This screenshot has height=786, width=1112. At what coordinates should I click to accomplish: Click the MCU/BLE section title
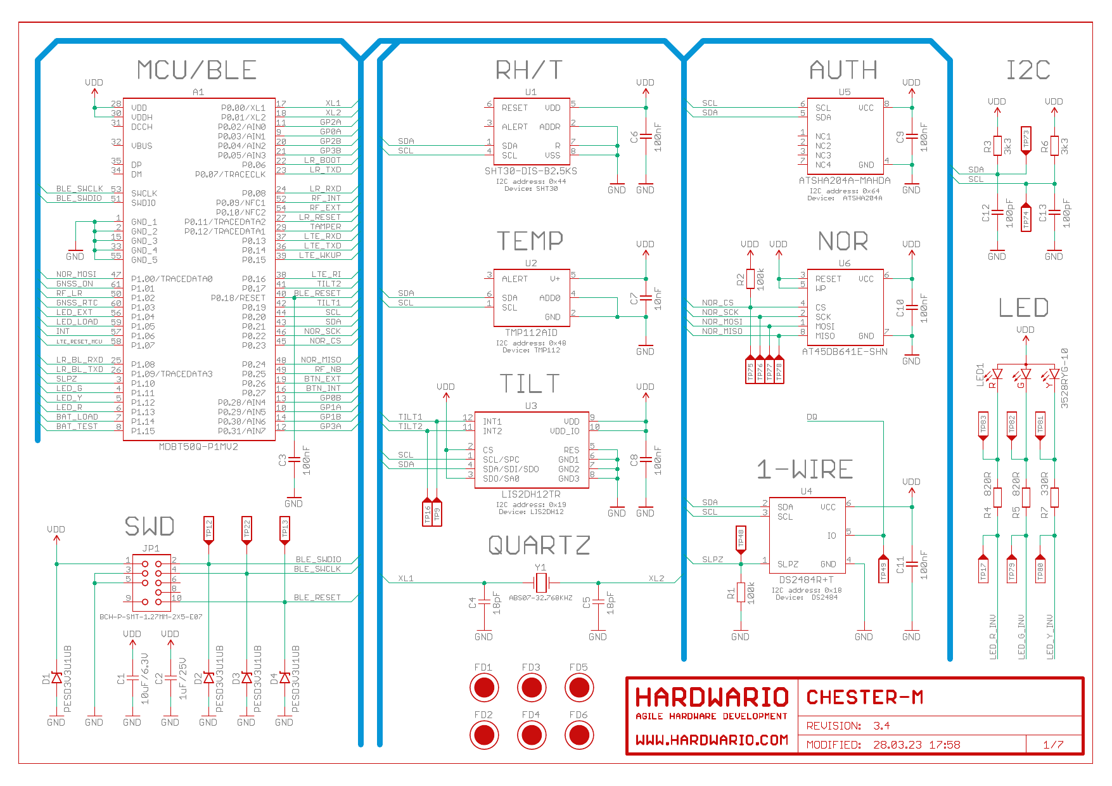pyautogui.click(x=197, y=70)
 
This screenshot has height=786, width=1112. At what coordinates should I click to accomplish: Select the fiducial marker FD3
pyautogui.click(x=531, y=687)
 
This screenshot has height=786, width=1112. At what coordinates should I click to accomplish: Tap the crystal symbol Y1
pyautogui.click(x=540, y=583)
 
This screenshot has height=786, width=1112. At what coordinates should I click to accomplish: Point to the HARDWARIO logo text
pyautogui.click(x=712, y=697)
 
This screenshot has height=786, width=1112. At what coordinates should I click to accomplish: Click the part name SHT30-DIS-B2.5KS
pyautogui.click(x=531, y=171)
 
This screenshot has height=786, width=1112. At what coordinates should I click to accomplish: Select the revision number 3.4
pyautogui.click(x=881, y=726)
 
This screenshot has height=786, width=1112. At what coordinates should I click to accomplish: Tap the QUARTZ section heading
pyautogui.click(x=539, y=545)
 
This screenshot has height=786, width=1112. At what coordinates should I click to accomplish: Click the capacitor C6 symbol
pyautogui.click(x=646, y=136)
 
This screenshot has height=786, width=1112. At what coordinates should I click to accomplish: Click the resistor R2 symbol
pyautogui.click(x=750, y=279)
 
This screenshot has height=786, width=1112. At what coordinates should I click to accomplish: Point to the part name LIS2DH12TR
pyautogui.click(x=531, y=494)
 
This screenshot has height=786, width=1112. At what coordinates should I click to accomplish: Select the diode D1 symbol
pyautogui.click(x=56, y=678)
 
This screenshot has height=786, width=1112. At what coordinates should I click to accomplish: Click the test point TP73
pyautogui.click(x=1026, y=140)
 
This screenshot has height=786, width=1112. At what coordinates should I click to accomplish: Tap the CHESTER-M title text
pyautogui.click(x=865, y=697)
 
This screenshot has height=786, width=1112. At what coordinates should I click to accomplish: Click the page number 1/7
pyautogui.click(x=1053, y=745)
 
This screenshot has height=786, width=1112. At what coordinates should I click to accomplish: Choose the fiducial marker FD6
pyautogui.click(x=578, y=735)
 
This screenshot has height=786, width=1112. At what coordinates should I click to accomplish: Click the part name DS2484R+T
pyautogui.click(x=806, y=580)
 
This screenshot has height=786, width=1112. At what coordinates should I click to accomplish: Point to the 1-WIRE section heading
pyautogui.click(x=805, y=469)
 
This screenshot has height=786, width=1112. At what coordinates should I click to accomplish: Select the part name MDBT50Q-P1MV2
pyautogui.click(x=198, y=447)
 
